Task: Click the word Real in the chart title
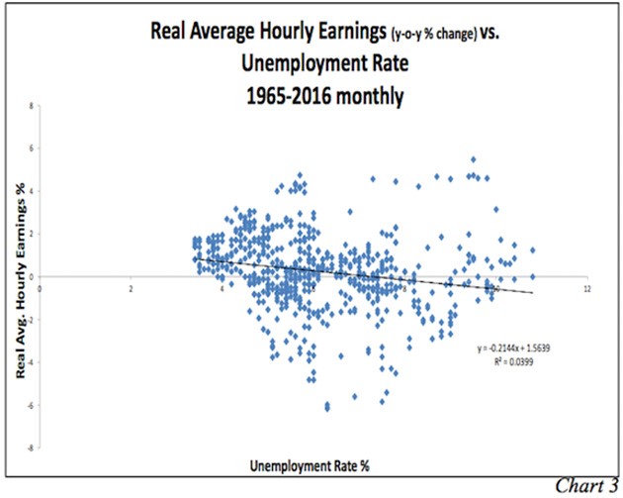(x=171, y=30)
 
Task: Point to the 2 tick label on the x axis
(x=131, y=288)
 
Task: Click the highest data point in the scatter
(x=474, y=159)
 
